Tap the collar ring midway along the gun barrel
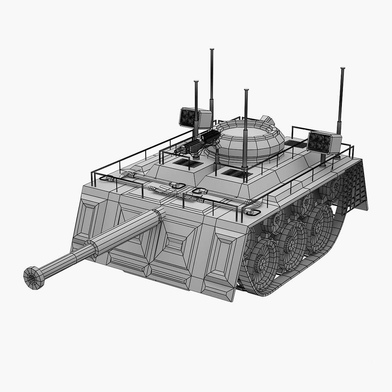(x=91, y=249)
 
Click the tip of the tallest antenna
(x=212, y=50)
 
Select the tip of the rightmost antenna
(x=342, y=69)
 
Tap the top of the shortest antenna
(x=196, y=82)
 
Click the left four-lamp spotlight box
(x=195, y=117)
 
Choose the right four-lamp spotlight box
(x=324, y=142)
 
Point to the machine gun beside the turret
(x=198, y=143)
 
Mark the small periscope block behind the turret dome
(x=267, y=120)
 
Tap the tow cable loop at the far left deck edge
(x=105, y=178)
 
